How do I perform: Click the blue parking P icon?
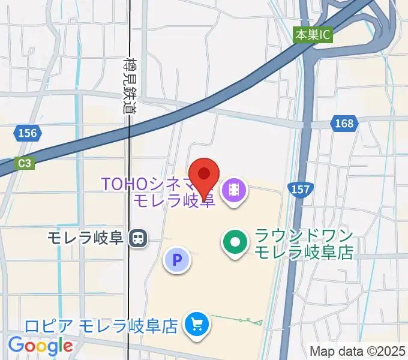(x=177, y=260)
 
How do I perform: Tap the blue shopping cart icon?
(x=197, y=325)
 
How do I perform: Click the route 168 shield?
(x=344, y=124)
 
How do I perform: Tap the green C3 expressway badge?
(x=23, y=162)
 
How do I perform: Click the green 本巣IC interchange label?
(x=313, y=35)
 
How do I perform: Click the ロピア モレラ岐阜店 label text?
(x=101, y=326)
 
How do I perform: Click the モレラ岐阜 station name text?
(x=86, y=239)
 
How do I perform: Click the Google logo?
(x=40, y=346)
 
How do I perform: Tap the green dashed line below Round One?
(x=237, y=319)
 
